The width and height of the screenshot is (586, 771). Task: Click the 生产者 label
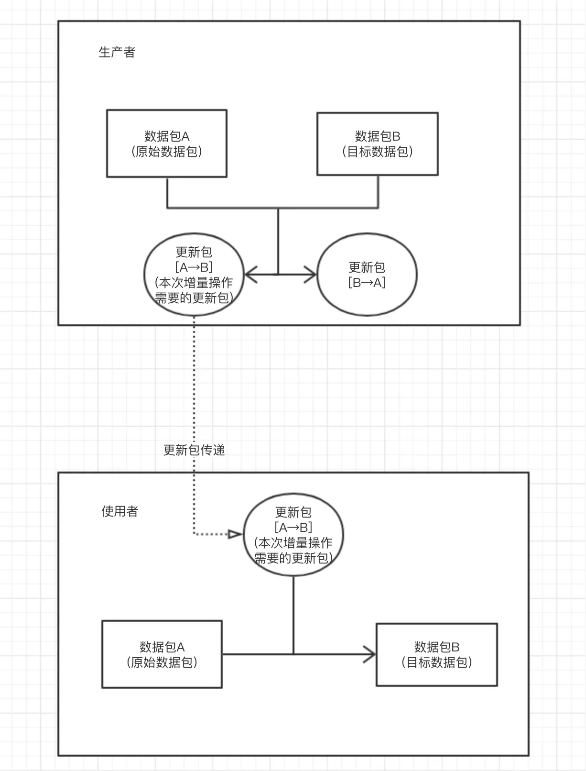click(x=117, y=52)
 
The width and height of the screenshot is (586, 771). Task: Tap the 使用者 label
click(x=119, y=511)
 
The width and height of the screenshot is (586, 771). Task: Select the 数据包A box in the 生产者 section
click(x=166, y=143)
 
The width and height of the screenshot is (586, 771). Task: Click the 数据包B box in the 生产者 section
click(x=377, y=144)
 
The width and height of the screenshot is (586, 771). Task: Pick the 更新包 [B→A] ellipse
click(x=367, y=275)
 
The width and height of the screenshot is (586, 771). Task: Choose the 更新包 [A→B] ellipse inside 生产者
click(x=194, y=275)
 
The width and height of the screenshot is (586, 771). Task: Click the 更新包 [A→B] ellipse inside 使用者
click(x=293, y=535)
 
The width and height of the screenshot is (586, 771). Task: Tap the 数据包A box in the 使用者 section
click(x=162, y=654)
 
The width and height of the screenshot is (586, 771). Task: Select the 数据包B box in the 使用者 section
click(x=437, y=654)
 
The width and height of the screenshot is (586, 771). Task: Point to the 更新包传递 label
click(x=194, y=450)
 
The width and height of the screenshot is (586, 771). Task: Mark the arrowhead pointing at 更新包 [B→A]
click(x=311, y=275)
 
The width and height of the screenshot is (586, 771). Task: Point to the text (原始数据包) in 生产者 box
click(x=166, y=152)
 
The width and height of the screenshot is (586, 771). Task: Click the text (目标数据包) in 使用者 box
click(x=437, y=662)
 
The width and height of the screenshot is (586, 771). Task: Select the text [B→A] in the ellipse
click(x=367, y=282)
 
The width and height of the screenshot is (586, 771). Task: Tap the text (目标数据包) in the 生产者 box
click(x=377, y=152)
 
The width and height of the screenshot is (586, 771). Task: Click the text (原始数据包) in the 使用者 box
click(x=162, y=662)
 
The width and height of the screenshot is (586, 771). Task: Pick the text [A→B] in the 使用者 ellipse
click(x=293, y=527)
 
